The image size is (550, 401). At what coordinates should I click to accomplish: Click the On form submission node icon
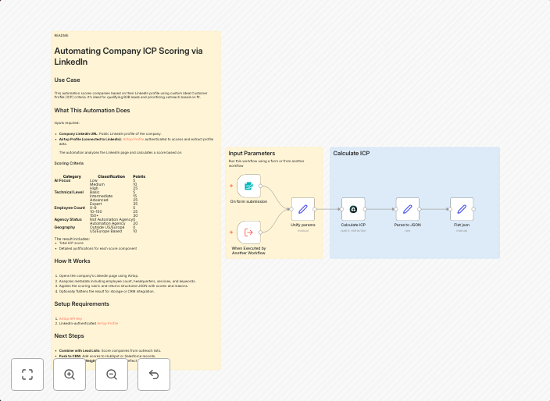pyautogui.click(x=248, y=186)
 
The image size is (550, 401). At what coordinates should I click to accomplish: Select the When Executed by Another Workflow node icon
pyautogui.click(x=248, y=232)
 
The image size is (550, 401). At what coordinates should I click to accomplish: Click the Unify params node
pyautogui.click(x=302, y=209)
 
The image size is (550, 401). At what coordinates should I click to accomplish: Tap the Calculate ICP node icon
pyautogui.click(x=353, y=209)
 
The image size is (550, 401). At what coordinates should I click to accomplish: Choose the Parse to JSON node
pyautogui.click(x=407, y=209)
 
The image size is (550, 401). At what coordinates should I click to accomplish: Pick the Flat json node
pyautogui.click(x=462, y=209)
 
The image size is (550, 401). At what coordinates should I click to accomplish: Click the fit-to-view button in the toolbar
pyautogui.click(x=27, y=374)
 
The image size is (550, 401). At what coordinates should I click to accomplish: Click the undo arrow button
pyautogui.click(x=154, y=374)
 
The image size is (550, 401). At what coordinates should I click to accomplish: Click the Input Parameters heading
pyautogui.click(x=252, y=154)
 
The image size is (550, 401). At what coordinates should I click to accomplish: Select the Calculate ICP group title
pyautogui.click(x=352, y=154)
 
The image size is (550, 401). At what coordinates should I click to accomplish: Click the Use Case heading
pyautogui.click(x=67, y=80)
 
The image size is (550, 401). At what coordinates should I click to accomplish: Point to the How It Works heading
pyautogui.click(x=72, y=261)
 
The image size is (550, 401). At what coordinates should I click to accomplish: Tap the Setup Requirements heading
pyautogui.click(x=81, y=303)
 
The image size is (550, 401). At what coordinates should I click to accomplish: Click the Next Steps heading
pyautogui.click(x=69, y=335)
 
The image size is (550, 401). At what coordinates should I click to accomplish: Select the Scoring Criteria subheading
pyautogui.click(x=69, y=163)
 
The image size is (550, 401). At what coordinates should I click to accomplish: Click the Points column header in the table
pyautogui.click(x=139, y=176)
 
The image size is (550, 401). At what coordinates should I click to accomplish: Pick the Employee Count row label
pyautogui.click(x=70, y=208)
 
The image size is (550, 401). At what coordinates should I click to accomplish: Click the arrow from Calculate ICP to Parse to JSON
pyautogui.click(x=380, y=209)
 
